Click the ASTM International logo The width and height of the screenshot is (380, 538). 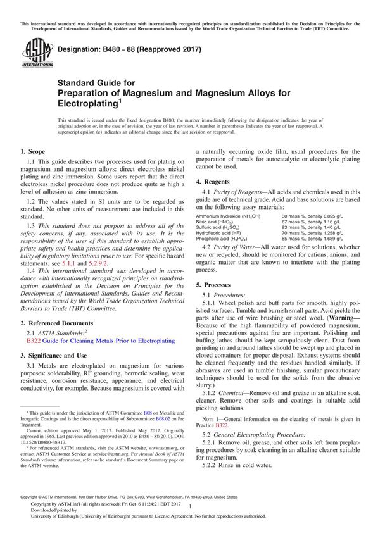(32, 53)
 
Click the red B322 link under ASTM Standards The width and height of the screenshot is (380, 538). (34, 341)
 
